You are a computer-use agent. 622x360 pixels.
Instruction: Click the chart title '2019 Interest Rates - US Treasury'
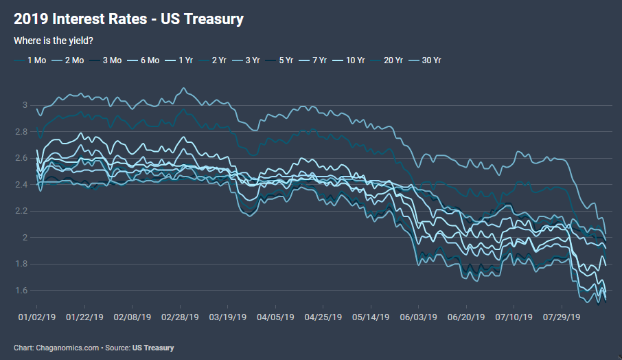click(x=128, y=19)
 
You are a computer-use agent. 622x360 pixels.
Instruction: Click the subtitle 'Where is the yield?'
click(x=54, y=41)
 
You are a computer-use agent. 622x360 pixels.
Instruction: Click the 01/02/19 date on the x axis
click(x=35, y=318)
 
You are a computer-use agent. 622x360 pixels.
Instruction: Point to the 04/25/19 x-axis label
click(x=323, y=318)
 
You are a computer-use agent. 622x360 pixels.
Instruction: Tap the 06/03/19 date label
click(x=418, y=318)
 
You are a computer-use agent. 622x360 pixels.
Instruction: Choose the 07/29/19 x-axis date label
click(x=562, y=318)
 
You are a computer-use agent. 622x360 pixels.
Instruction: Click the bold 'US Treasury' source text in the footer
click(x=153, y=348)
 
